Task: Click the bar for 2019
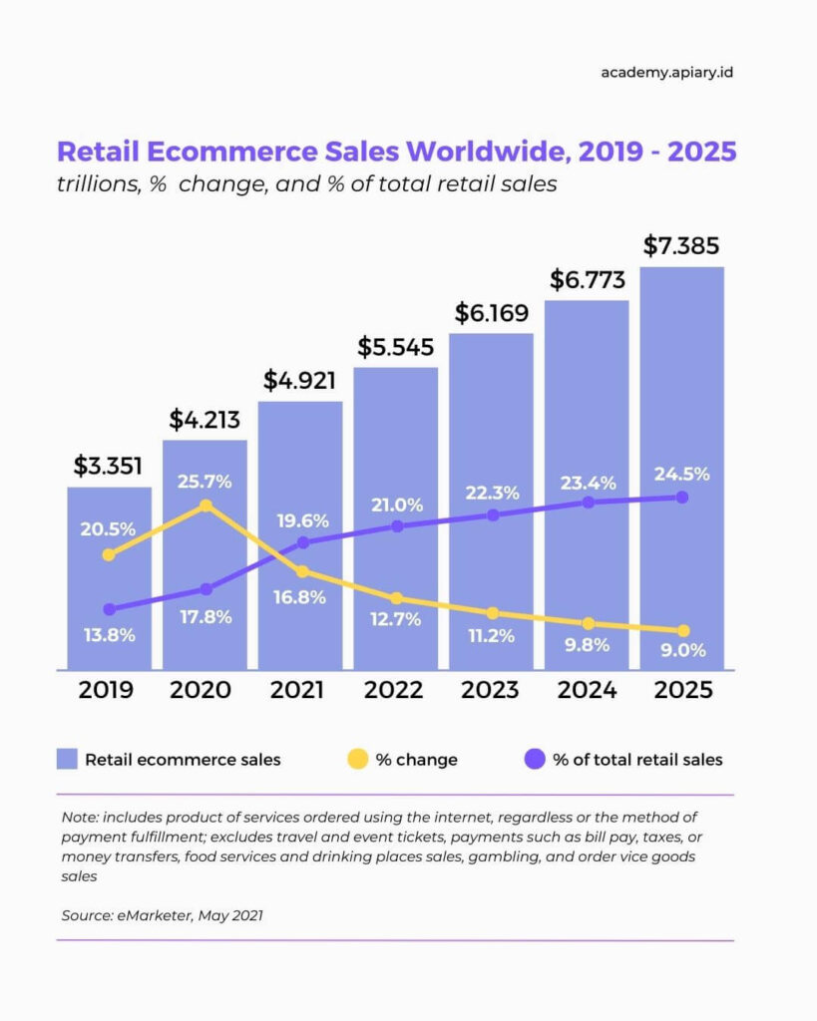110,578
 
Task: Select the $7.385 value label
681,245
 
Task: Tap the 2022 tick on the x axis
395,690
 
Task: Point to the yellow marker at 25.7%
205,506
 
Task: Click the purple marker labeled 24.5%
682,497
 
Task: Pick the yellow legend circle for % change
356,760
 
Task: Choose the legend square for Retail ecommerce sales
67,760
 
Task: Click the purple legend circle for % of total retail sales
535,760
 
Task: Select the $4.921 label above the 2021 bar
300,380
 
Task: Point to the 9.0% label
683,650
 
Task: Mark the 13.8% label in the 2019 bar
108,635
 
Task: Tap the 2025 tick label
681,690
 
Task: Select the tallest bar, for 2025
681,469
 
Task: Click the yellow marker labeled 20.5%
109,554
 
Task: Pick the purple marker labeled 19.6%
303,542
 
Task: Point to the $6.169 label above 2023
491,313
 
